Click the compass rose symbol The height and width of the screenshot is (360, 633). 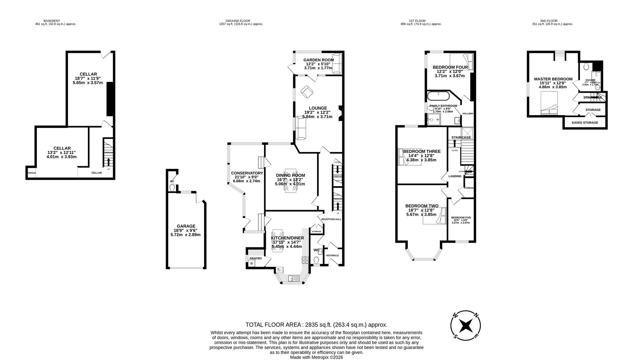(465, 326)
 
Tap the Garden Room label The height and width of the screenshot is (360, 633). (318, 60)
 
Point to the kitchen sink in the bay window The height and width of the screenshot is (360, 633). (292, 278)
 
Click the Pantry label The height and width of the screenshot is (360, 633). (256, 258)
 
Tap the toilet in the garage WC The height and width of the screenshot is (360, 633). (172, 188)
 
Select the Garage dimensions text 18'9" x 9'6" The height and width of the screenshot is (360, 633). (186, 230)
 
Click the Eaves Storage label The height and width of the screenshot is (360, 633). (585, 123)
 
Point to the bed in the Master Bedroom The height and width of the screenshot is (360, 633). (549, 103)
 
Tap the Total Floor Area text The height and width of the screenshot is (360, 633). (316, 325)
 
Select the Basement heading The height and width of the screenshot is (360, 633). (52, 21)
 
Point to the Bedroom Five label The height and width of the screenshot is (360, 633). (461, 218)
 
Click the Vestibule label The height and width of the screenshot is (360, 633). (332, 256)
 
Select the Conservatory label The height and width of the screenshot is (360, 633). (247, 173)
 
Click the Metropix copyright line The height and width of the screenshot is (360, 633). (316, 357)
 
